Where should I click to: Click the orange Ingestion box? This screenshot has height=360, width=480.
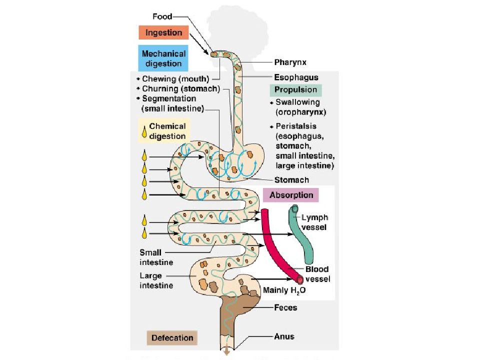pyautogui.click(x=163, y=32)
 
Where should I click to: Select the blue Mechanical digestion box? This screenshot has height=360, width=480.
pyautogui.click(x=163, y=58)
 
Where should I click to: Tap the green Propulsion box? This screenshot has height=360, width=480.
pyautogui.click(x=295, y=89)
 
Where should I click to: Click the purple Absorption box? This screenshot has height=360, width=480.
pyautogui.click(x=291, y=195)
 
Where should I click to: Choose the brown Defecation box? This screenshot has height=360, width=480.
pyautogui.click(x=172, y=337)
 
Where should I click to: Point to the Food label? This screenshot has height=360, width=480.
pyautogui.click(x=162, y=16)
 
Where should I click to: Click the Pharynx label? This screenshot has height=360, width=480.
pyautogui.click(x=290, y=62)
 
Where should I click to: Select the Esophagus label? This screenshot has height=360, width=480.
pyautogui.click(x=296, y=77)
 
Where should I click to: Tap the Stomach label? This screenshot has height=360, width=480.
pyautogui.click(x=291, y=180)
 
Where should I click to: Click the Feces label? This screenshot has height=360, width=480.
pyautogui.click(x=285, y=307)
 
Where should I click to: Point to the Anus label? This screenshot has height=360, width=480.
pyautogui.click(x=284, y=336)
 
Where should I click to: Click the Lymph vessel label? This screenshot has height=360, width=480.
pyautogui.click(x=314, y=222)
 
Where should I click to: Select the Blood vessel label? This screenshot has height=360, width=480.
pyautogui.click(x=318, y=274)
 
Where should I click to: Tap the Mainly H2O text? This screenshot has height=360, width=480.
pyautogui.click(x=284, y=290)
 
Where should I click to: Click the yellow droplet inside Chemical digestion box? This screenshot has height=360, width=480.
pyautogui.click(x=144, y=131)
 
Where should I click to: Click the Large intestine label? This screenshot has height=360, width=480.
pyautogui.click(x=156, y=280)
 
